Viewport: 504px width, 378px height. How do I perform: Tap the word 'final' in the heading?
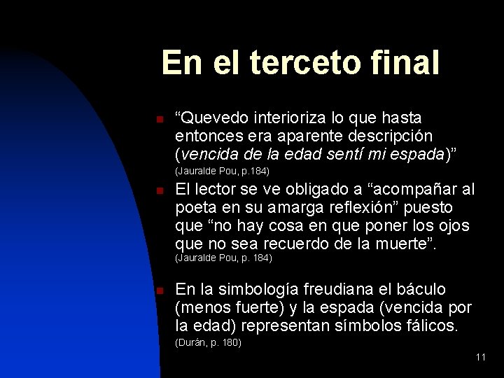pyautogui.click(x=409, y=63)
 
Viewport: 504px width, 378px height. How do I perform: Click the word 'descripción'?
pyautogui.click(x=393, y=135)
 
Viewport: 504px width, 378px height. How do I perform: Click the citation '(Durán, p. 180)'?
pyautogui.click(x=209, y=342)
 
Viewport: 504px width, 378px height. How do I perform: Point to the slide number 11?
pyautogui.click(x=480, y=357)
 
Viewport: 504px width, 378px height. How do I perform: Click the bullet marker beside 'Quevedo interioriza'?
pyautogui.click(x=160, y=118)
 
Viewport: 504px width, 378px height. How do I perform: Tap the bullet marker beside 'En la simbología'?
pyautogui.click(x=160, y=290)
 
